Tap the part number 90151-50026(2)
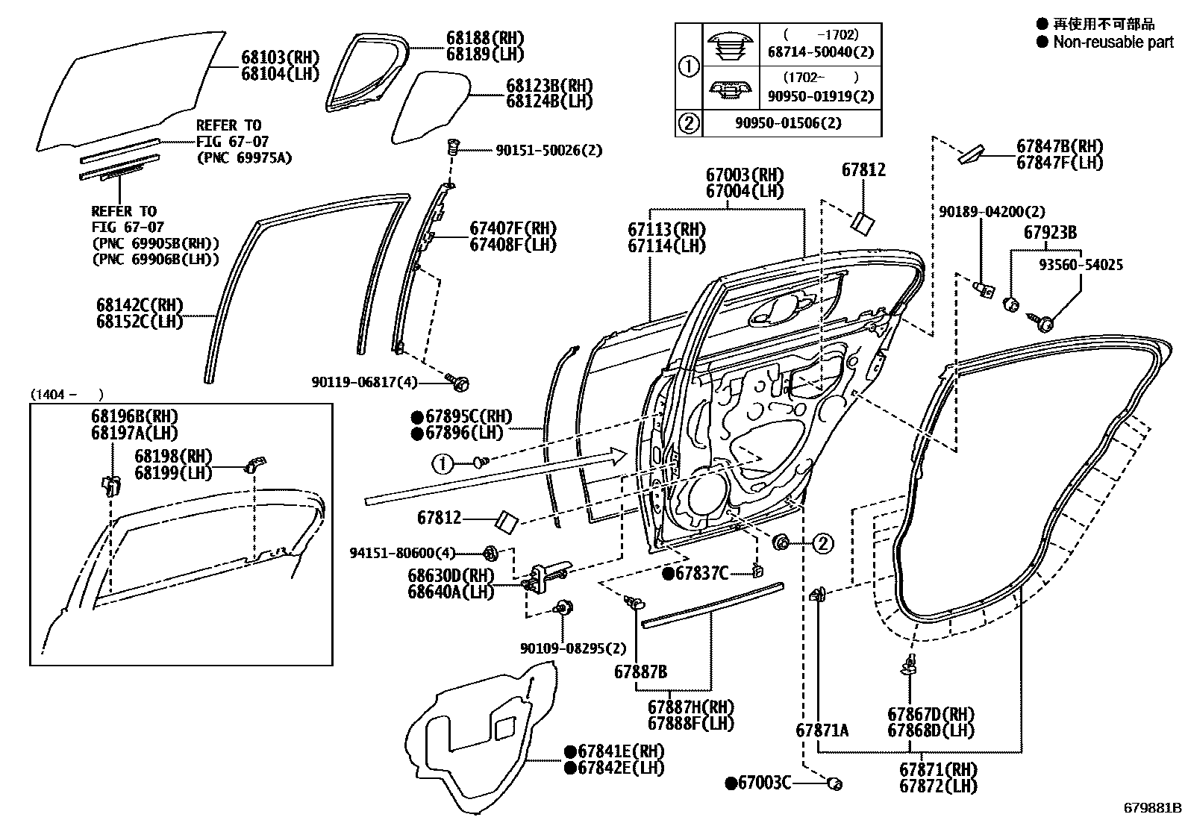pos(548,151)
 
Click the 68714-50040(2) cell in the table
pos(820,52)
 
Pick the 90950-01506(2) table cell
pos(792,122)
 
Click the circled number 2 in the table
pos(689,122)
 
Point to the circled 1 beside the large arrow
pos(443,464)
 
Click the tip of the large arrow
pos(628,456)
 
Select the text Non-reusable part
pos(1112,43)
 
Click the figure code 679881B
pos(1153,808)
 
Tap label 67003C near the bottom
pos(763,783)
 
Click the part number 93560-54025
pos(1081,265)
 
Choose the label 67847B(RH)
pos(1060,146)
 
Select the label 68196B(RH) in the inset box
pos(136,417)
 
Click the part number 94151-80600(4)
pos(401,553)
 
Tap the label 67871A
pos(822,730)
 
